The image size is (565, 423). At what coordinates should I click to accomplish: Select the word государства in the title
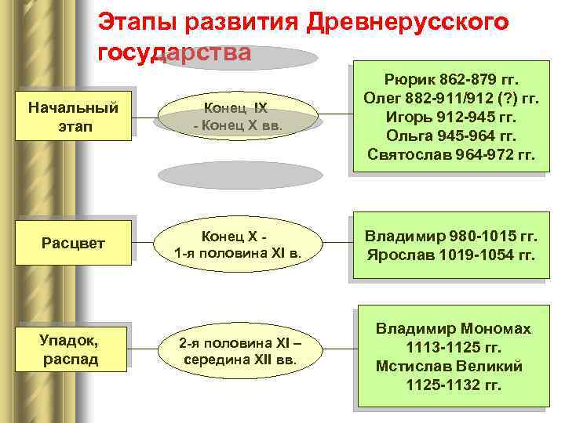pyautogui.click(x=175, y=53)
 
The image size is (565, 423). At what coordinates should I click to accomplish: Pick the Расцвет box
pyautogui.click(x=72, y=243)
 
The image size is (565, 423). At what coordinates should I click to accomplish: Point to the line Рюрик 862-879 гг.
pyautogui.click(x=451, y=81)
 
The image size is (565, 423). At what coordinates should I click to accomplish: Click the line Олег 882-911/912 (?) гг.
pyautogui.click(x=451, y=99)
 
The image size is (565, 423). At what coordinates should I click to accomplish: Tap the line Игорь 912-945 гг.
pyautogui.click(x=451, y=117)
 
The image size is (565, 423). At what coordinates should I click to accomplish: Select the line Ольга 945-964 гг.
pyautogui.click(x=451, y=136)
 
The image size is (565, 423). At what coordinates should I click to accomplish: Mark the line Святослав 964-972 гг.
pyautogui.click(x=451, y=155)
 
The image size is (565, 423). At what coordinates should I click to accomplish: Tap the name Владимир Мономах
pyautogui.click(x=453, y=328)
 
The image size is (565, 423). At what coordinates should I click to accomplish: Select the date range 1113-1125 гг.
pyautogui.click(x=453, y=347)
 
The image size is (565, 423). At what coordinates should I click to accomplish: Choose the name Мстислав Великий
pyautogui.click(x=449, y=366)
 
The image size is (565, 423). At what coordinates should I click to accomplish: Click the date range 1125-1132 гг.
pyautogui.click(x=453, y=385)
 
